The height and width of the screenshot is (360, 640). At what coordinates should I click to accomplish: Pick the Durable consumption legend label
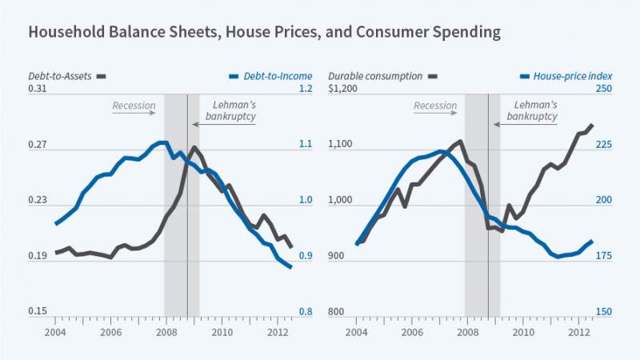click(x=375, y=76)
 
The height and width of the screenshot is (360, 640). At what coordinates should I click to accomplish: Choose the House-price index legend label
click(x=566, y=76)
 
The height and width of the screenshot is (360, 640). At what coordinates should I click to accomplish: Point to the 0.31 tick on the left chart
click(x=38, y=89)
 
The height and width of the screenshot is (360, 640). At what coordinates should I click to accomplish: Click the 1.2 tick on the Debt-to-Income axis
click(x=306, y=89)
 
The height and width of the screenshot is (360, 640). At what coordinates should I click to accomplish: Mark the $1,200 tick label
click(x=342, y=89)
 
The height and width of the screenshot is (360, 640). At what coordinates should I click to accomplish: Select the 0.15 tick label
click(x=38, y=312)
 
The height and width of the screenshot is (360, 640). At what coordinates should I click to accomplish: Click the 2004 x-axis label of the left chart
click(x=55, y=331)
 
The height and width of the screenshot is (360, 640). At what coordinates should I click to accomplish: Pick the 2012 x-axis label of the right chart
click(x=579, y=331)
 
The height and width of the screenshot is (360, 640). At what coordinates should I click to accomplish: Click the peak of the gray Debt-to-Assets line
click(x=194, y=147)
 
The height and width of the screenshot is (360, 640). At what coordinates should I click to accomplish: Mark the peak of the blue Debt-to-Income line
click(x=162, y=142)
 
